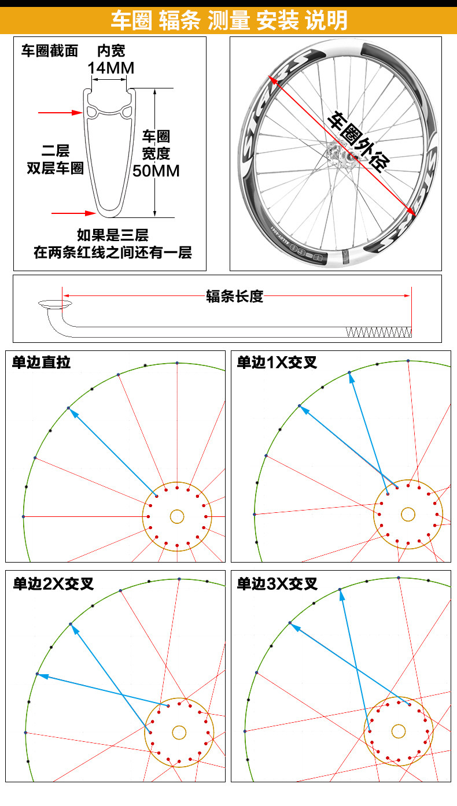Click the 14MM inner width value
(x=110, y=68)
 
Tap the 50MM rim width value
(x=156, y=171)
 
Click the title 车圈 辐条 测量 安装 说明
(x=228, y=20)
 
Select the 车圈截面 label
(x=50, y=51)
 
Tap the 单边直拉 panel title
(x=41, y=363)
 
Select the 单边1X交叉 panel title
(x=277, y=363)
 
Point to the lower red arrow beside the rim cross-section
(x=73, y=213)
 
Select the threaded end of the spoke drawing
(x=378, y=332)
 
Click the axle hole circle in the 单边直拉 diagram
(x=177, y=516)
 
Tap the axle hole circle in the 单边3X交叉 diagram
(x=398, y=731)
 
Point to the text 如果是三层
(x=113, y=235)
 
